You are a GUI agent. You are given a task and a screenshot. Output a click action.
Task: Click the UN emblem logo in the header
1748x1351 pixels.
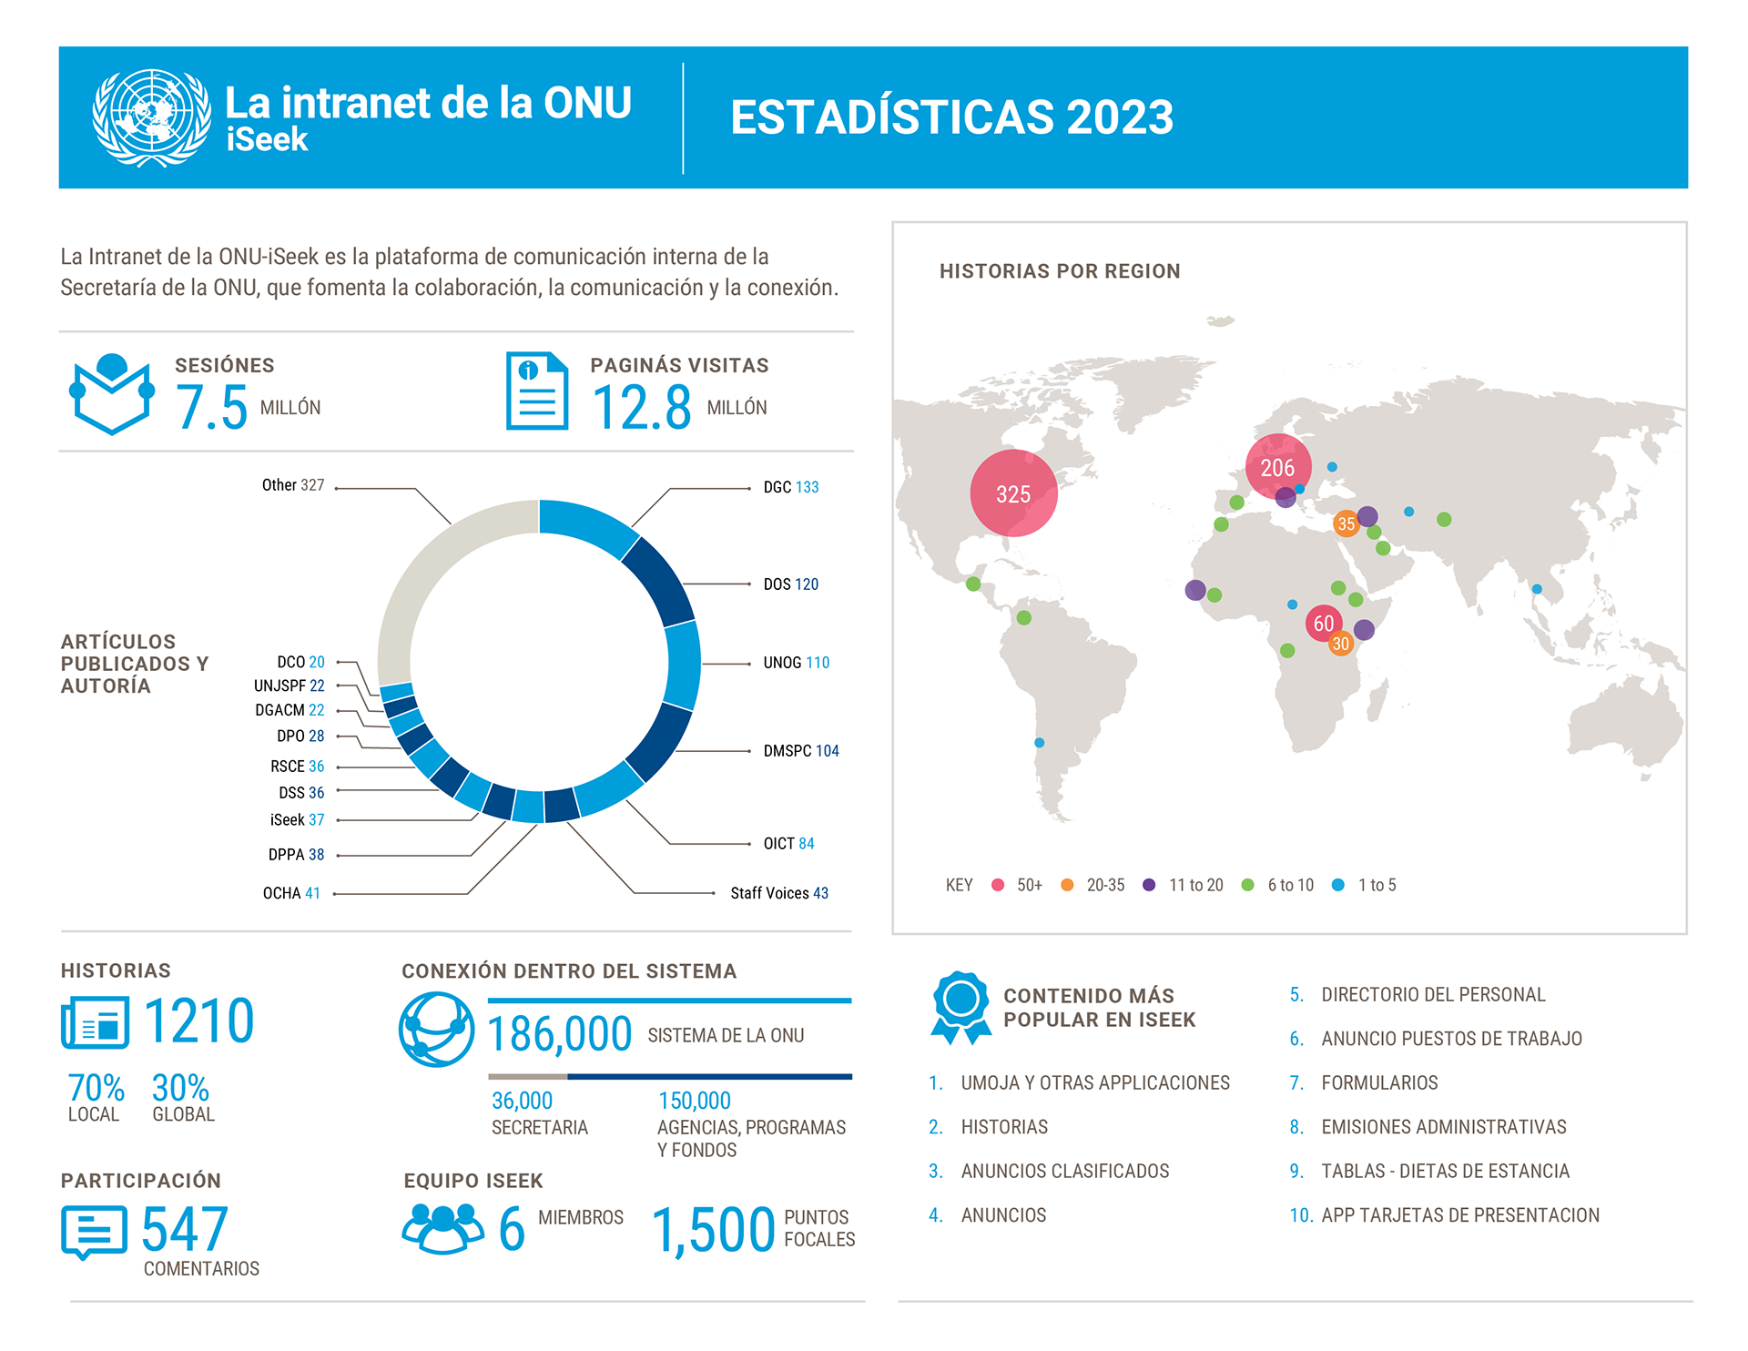pos(152,117)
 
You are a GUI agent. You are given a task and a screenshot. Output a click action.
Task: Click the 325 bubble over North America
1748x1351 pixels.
pos(1013,493)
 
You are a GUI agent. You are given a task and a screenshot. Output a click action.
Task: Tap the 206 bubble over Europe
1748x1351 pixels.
pos(1277,467)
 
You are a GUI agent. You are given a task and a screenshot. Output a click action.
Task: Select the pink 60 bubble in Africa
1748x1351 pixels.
pos(1323,624)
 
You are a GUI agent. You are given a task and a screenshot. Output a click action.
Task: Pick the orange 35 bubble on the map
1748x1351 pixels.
pos(1346,523)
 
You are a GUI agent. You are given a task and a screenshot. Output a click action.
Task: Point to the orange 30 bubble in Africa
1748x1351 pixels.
pos(1340,644)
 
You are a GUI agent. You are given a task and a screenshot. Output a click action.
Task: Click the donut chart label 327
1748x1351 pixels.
pos(312,485)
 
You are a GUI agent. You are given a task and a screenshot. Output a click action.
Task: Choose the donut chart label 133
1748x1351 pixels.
pos(807,488)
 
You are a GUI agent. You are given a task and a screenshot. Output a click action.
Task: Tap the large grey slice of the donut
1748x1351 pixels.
pos(437,583)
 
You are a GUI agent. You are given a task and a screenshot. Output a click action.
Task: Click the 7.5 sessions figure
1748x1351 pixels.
pos(211,407)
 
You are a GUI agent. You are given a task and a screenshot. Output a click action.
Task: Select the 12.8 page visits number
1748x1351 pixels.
pos(642,407)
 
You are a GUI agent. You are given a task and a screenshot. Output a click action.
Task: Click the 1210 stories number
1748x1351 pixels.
pos(198,1021)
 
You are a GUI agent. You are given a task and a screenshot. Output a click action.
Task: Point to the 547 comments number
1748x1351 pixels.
pos(184,1230)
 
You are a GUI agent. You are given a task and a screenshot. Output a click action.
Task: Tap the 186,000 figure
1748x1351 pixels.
pos(560,1034)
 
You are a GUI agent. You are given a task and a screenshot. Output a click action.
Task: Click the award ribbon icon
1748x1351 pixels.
pos(960,1006)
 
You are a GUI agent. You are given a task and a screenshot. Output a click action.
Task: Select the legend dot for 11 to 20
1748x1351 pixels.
pos(1149,885)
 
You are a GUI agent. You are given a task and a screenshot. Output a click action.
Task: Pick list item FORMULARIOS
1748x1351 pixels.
pos(1379,1082)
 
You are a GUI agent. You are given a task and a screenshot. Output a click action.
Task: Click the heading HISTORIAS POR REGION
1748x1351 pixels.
pos(1060,271)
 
